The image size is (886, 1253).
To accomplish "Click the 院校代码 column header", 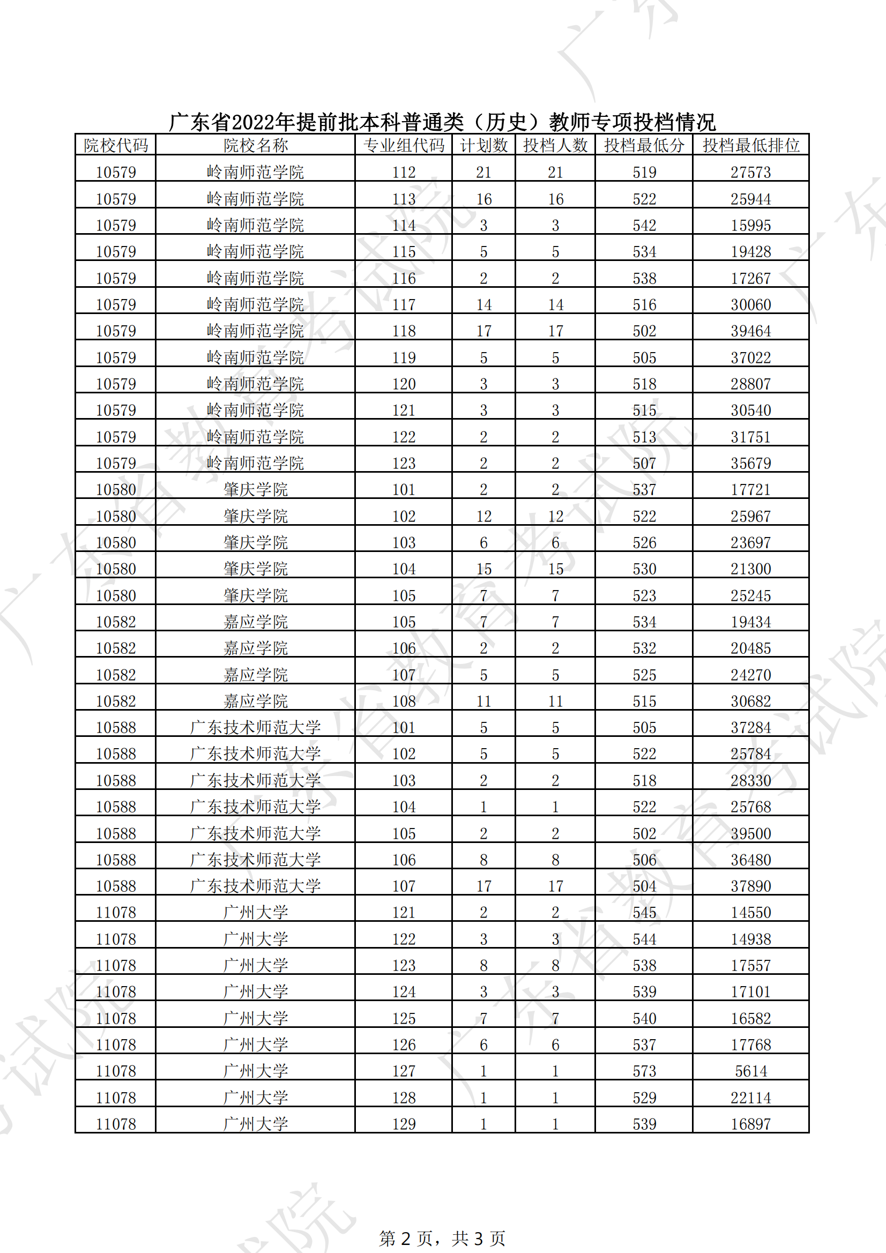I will (115, 146).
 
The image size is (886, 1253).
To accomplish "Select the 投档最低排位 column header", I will (750, 146).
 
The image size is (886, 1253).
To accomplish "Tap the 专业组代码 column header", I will (404, 146).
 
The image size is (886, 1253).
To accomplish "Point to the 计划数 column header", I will (483, 146).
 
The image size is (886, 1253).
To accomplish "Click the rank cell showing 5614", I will (750, 1071).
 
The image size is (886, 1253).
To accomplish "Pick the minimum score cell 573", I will (644, 1071).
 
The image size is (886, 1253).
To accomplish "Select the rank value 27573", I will (750, 173).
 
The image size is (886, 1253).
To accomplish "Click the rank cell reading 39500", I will (750, 834).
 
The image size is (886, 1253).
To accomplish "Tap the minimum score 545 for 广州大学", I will (644, 913).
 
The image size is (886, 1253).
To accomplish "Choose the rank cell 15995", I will (750, 226).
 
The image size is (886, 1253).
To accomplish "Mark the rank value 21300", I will (750, 569).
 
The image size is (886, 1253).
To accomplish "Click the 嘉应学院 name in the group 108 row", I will (255, 702).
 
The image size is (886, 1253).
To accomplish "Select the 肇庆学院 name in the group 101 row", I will (255, 489).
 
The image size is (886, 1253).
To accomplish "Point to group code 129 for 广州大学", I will (404, 1124).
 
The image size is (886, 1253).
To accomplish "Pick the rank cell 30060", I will (750, 304).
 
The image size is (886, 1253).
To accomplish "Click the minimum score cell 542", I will (644, 226).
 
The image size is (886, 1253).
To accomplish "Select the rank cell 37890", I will (750, 886).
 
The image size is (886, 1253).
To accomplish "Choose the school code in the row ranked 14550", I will (115, 913).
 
